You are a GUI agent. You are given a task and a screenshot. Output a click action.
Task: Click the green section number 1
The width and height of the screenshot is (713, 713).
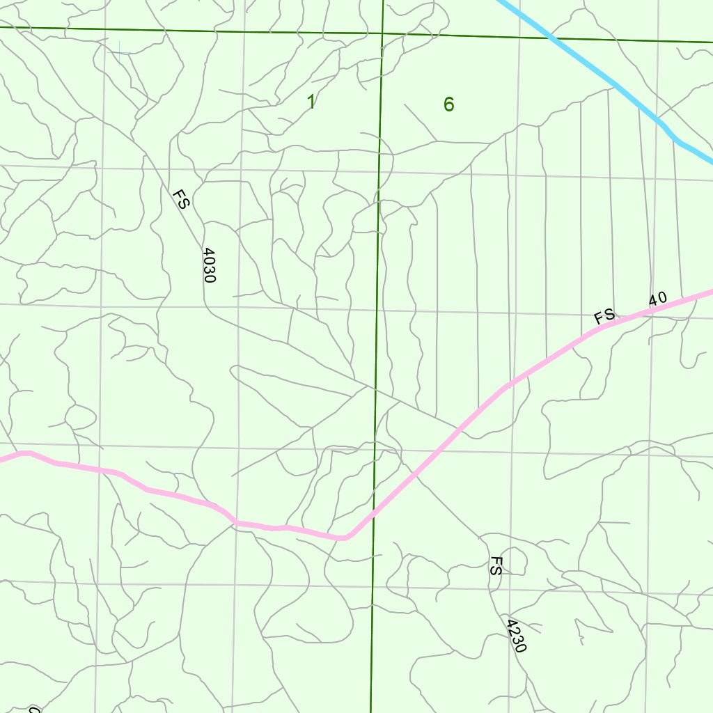(x=311, y=102)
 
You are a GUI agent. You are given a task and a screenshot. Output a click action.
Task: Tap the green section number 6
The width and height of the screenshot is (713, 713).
(x=448, y=104)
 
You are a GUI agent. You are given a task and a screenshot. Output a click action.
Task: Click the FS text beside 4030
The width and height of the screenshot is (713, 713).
(x=180, y=198)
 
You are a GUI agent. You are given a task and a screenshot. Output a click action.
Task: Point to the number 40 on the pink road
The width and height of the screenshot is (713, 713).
(x=657, y=299)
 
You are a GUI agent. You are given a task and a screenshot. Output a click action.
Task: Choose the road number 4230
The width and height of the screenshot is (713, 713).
(x=516, y=636)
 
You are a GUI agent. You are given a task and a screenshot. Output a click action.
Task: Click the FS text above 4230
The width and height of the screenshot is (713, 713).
(x=495, y=565)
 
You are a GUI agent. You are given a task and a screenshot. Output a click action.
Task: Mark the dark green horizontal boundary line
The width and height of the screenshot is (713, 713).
(x=209, y=30)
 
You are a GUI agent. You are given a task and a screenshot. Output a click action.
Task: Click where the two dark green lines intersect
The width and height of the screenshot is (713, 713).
(x=382, y=33)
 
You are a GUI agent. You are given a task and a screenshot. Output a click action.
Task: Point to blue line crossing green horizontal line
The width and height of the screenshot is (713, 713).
(x=552, y=38)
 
